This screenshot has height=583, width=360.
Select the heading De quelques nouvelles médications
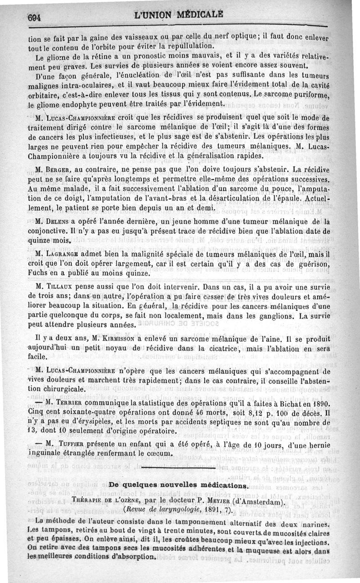click(x=179, y=486)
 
